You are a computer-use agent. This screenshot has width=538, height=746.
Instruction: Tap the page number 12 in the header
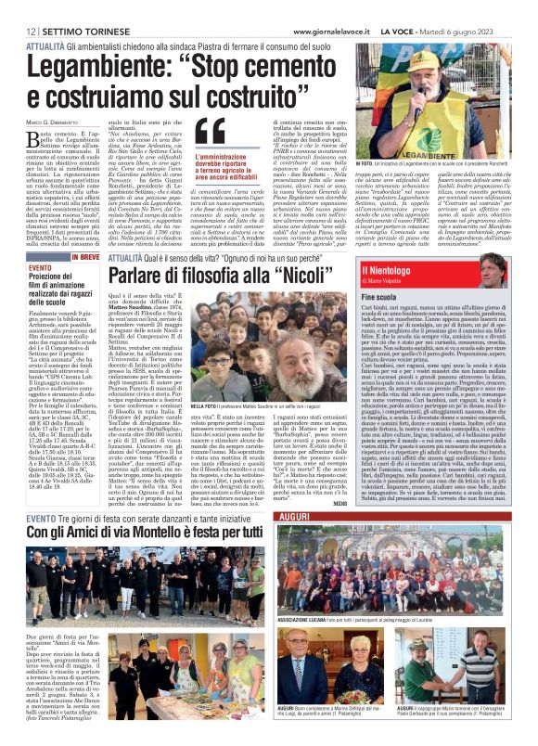tap(30, 31)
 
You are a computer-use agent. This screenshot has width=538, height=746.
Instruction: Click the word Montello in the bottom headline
tap(175, 532)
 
